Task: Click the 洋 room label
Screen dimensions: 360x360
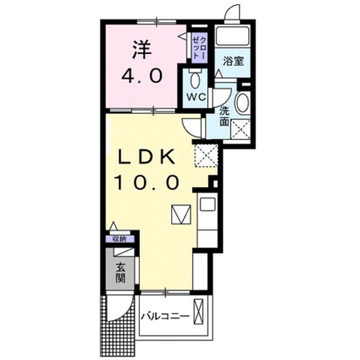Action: click(x=143, y=50)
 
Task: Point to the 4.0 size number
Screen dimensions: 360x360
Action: click(x=143, y=75)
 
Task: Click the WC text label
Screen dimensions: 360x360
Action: click(x=195, y=97)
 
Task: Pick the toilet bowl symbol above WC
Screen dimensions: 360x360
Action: click(x=195, y=79)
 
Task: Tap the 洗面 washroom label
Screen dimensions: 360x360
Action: click(x=224, y=115)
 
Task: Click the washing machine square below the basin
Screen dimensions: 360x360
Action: click(x=240, y=129)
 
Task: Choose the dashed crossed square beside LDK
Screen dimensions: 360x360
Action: click(x=205, y=155)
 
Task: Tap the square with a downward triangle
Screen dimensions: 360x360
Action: click(x=182, y=214)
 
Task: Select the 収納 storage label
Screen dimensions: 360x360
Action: click(x=119, y=238)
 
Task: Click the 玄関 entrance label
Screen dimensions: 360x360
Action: click(x=120, y=272)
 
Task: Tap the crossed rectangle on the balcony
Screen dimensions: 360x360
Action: click(x=199, y=311)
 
